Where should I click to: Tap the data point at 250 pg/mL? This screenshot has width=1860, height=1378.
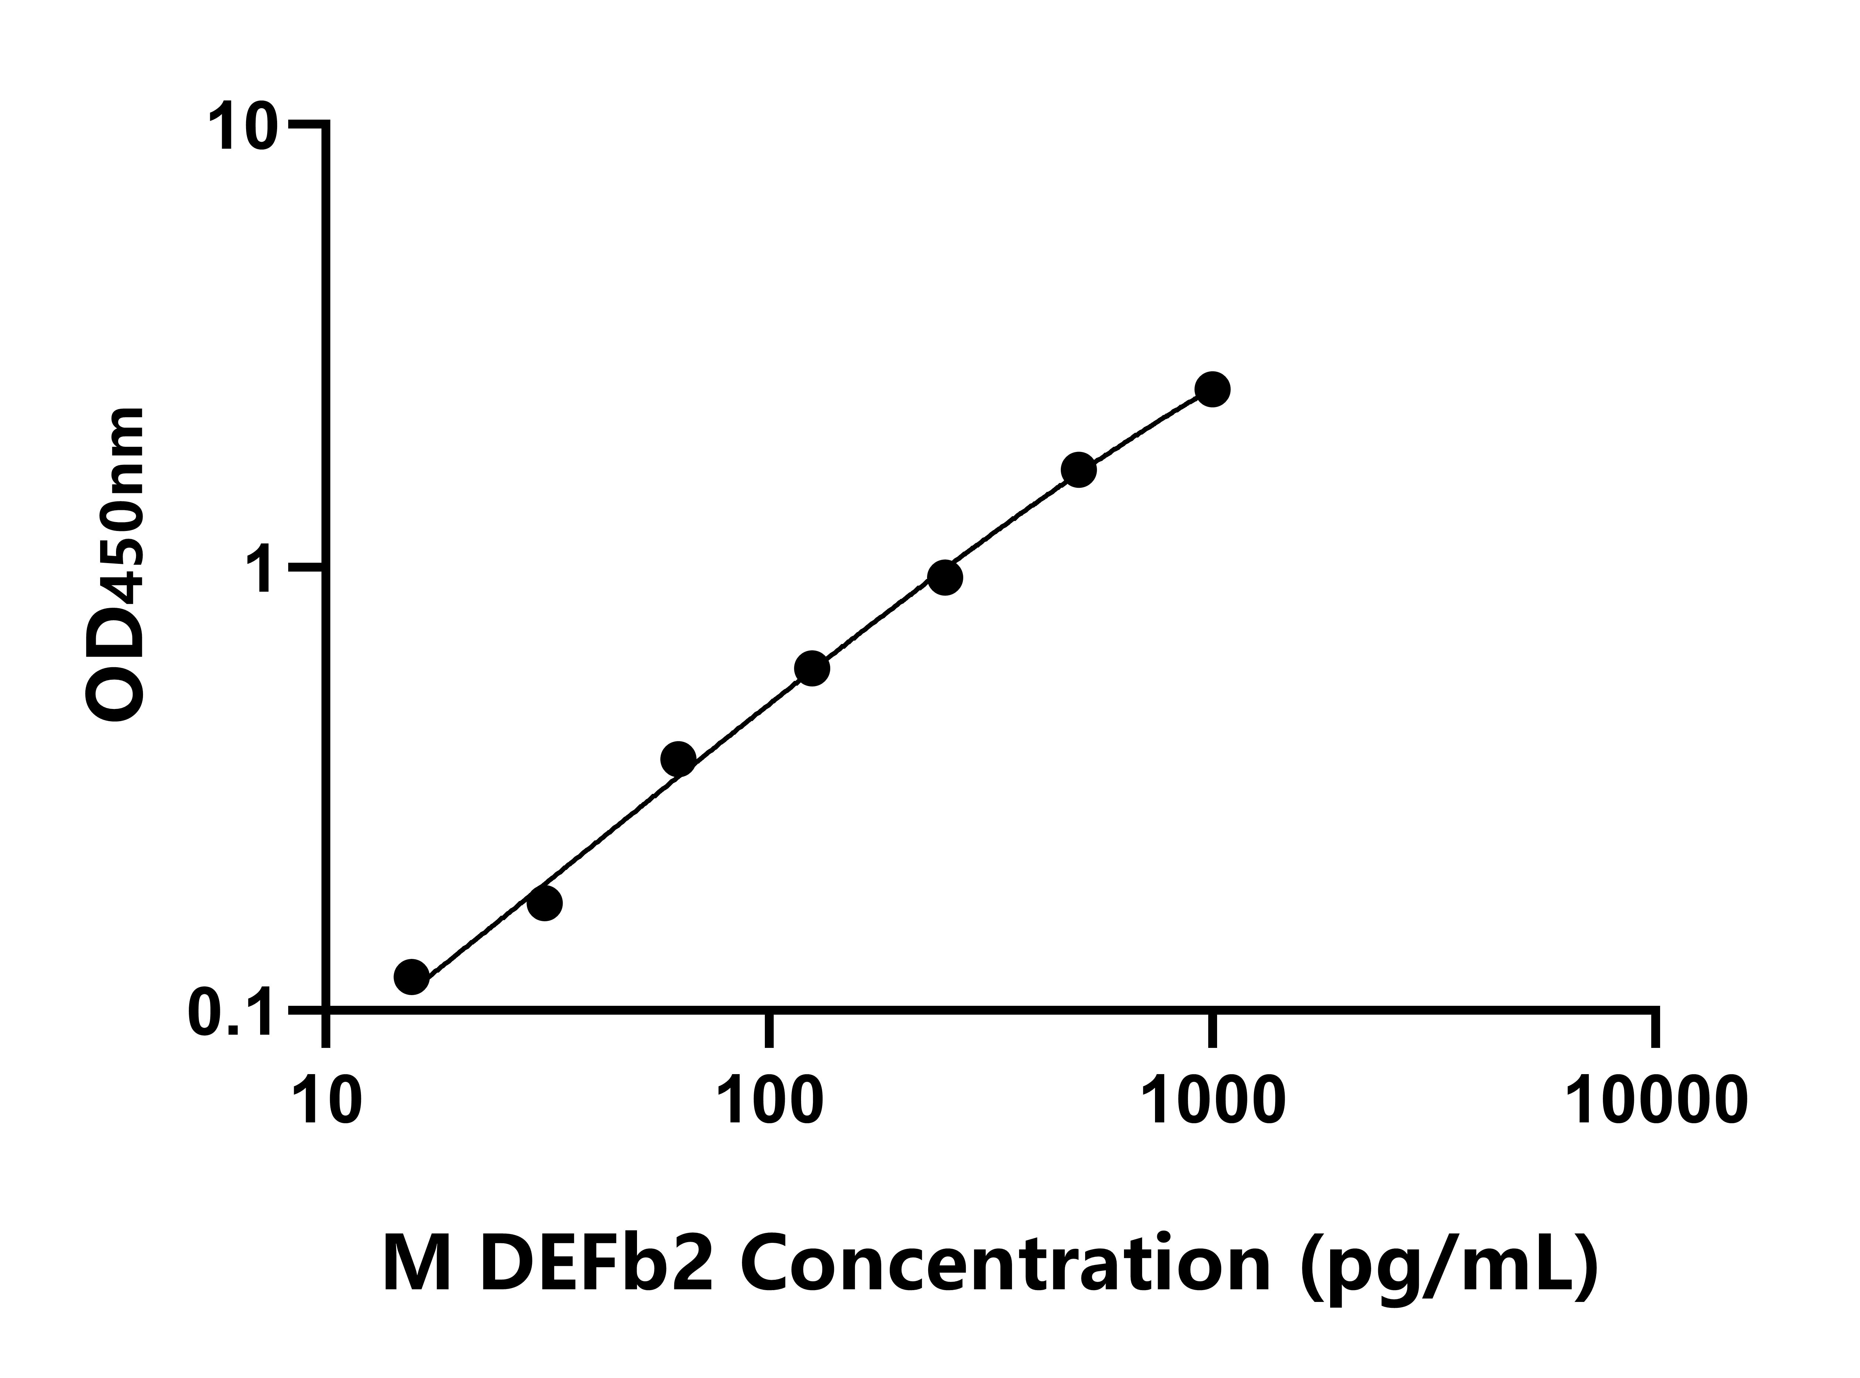945,577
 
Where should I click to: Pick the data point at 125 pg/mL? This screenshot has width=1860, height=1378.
812,668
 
